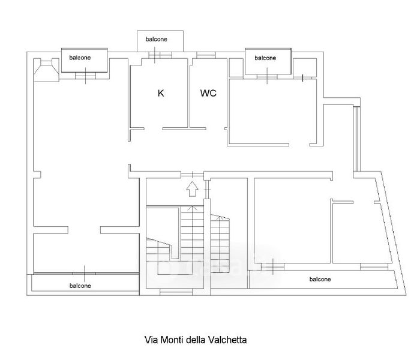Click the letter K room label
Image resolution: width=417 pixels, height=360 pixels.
(161, 93)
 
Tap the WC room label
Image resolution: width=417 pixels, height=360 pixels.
(208, 93)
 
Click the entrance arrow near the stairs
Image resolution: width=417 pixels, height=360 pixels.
(192, 189)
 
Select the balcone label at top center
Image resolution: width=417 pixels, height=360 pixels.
(157, 40)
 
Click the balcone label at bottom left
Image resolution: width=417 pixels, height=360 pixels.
(80, 286)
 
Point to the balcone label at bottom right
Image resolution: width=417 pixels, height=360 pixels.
(320, 279)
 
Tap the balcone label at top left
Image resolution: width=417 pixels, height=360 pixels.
(80, 58)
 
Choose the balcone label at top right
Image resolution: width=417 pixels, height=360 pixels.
(265, 58)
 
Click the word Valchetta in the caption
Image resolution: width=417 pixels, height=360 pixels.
(227, 340)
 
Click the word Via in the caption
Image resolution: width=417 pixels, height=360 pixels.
(151, 340)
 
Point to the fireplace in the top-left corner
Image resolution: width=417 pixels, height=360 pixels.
(47, 70)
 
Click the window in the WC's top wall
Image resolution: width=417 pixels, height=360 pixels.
(206, 55)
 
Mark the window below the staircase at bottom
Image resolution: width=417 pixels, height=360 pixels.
(176, 292)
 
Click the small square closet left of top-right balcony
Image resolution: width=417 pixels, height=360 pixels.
(236, 68)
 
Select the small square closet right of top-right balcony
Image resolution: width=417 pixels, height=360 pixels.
(305, 68)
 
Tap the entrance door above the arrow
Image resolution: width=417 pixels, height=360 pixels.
(192, 175)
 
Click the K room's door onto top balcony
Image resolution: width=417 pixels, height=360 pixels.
(160, 55)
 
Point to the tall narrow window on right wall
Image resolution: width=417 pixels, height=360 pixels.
(356, 139)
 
